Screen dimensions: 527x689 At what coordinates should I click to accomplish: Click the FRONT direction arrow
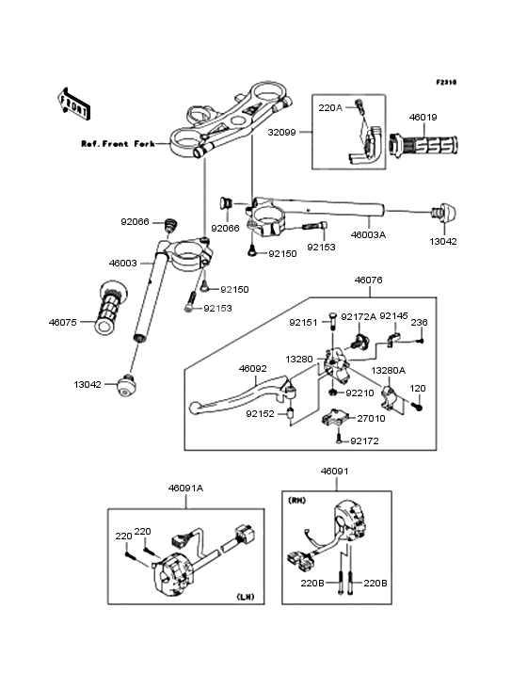[74, 104]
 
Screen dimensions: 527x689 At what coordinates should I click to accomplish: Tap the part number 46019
[423, 118]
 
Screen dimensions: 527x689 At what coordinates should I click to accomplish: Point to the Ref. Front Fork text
[119, 144]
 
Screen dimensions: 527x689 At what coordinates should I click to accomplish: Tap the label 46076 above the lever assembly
[368, 280]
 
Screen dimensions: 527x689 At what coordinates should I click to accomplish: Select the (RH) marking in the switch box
[296, 501]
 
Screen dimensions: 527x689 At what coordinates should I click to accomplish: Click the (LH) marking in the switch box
[245, 597]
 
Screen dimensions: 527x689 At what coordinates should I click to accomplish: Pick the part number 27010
[371, 418]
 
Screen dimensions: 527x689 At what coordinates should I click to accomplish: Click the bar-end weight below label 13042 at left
[126, 385]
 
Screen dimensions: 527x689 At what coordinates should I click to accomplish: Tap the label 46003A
[368, 235]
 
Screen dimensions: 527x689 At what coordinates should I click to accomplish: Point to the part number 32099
[282, 132]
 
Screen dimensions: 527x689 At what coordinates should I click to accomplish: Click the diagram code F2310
[446, 82]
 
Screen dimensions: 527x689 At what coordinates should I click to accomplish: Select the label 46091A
[185, 489]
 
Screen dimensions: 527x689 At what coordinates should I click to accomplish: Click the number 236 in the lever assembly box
[419, 323]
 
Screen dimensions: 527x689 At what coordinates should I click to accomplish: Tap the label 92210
[359, 393]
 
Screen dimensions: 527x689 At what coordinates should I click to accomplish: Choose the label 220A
[330, 107]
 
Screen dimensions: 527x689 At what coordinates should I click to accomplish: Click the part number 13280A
[389, 371]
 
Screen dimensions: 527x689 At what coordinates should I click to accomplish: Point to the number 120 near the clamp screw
[418, 389]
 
